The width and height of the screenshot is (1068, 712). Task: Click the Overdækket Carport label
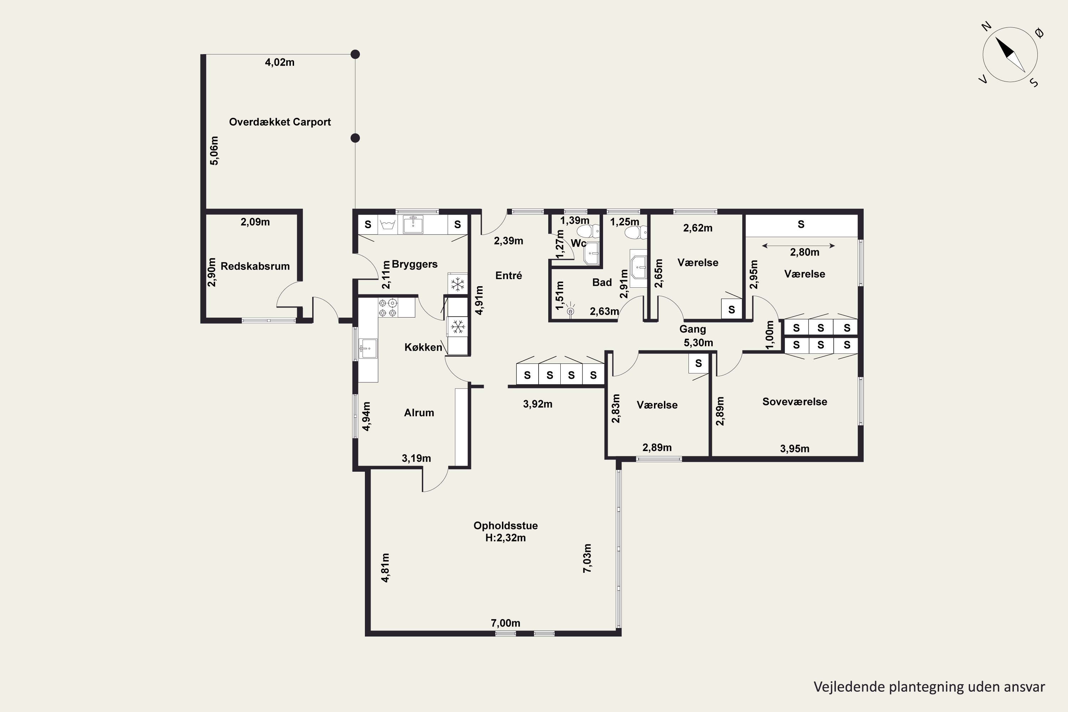pyautogui.click(x=280, y=122)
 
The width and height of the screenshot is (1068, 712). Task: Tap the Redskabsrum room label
pyautogui.click(x=255, y=266)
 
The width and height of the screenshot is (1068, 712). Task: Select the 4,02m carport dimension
pyautogui.click(x=280, y=62)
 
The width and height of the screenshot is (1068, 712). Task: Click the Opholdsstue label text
pyautogui.click(x=506, y=525)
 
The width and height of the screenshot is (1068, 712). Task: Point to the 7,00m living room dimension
pyautogui.click(x=506, y=623)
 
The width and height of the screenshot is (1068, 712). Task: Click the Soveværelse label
pyautogui.click(x=795, y=402)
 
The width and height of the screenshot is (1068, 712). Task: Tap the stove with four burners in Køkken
pyautogui.click(x=388, y=308)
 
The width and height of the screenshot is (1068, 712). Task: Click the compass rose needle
pyautogui.click(x=1010, y=54)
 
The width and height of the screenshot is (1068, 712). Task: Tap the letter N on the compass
pyautogui.click(x=986, y=27)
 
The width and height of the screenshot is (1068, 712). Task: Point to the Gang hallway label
pyautogui.click(x=692, y=329)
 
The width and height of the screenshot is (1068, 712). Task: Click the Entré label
pyautogui.click(x=509, y=275)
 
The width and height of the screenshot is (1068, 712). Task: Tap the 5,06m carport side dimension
pyautogui.click(x=214, y=150)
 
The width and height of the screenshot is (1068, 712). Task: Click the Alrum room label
pyautogui.click(x=419, y=412)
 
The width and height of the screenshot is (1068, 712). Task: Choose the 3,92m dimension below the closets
pyautogui.click(x=538, y=404)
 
